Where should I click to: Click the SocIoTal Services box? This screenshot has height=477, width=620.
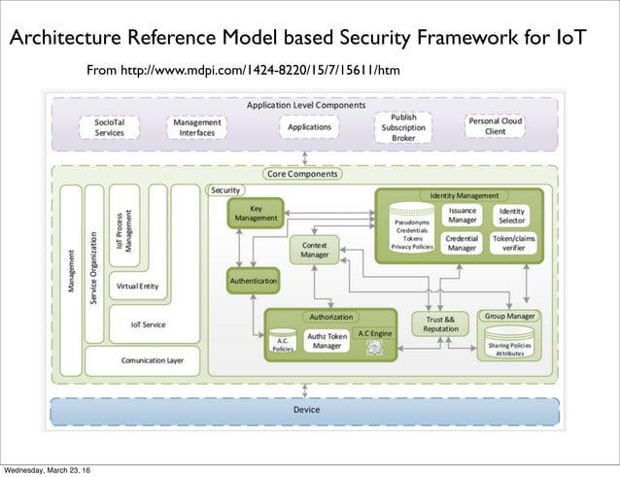pos(108,128)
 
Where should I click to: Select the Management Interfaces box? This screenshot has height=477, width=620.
pos(196,128)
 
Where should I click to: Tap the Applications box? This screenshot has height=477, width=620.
pos(309,127)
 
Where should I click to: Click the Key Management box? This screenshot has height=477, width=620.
pos(255,214)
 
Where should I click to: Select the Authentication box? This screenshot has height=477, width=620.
pos(253,281)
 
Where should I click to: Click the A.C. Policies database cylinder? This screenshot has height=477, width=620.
pos(282,344)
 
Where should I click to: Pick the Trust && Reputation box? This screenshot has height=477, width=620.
pos(440,324)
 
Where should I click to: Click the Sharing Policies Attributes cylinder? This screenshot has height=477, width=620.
pos(510,347)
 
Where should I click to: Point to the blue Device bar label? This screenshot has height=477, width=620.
pos(306,410)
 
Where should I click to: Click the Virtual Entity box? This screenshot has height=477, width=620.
pos(137,287)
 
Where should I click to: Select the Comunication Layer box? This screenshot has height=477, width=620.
pos(152,359)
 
